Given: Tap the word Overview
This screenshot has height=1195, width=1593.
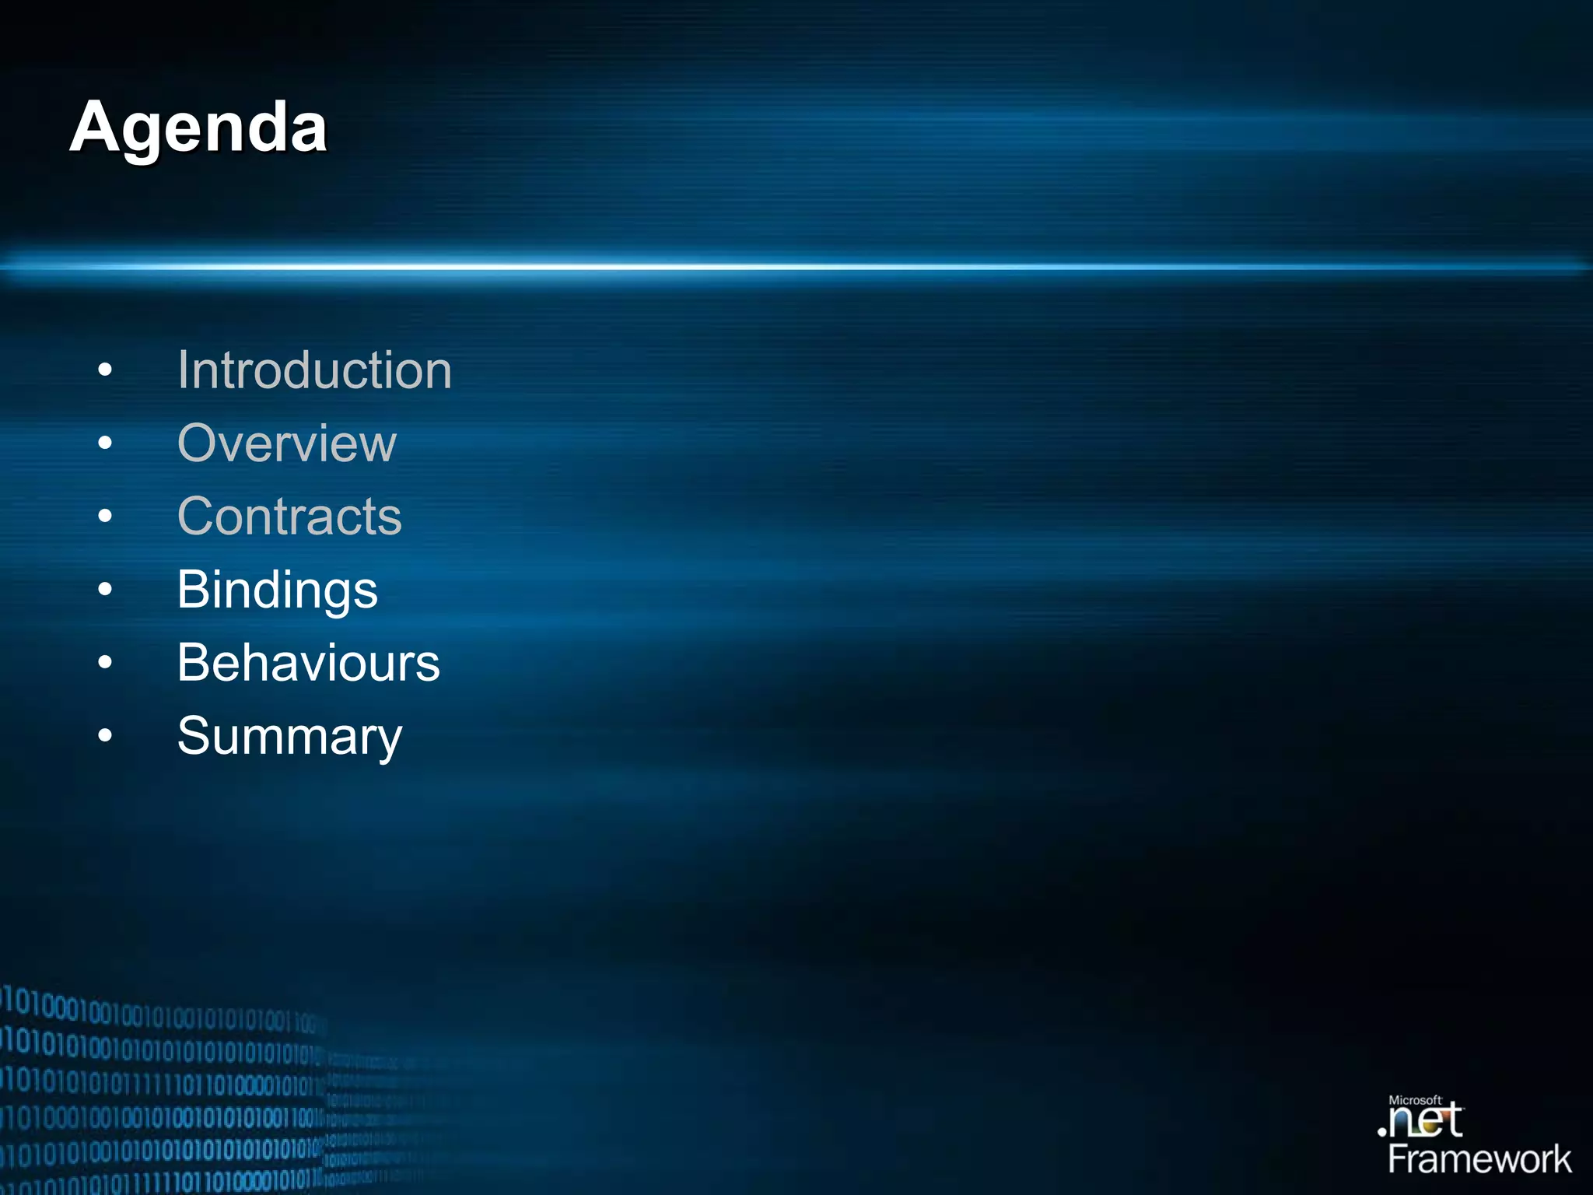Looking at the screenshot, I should tap(287, 443).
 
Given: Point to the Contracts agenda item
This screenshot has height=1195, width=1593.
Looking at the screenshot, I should tap(289, 516).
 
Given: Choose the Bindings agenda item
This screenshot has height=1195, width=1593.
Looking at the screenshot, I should tap(277, 590).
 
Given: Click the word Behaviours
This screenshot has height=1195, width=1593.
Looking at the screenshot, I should tap(308, 663).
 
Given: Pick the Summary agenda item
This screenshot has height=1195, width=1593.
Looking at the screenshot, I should tap(289, 736).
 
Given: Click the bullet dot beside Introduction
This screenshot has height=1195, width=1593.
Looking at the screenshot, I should tap(105, 370).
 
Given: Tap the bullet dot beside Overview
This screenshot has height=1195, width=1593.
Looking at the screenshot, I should tap(105, 443).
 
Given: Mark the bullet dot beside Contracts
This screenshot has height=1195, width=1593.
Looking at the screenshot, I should tap(105, 517).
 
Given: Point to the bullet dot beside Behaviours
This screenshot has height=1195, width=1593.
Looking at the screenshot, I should tap(105, 663).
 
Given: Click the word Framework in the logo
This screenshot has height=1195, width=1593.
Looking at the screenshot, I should tap(1479, 1159).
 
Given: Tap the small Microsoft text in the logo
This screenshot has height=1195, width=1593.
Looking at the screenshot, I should tap(1415, 1100).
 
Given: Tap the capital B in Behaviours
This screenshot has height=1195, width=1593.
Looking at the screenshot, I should tap(194, 663).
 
